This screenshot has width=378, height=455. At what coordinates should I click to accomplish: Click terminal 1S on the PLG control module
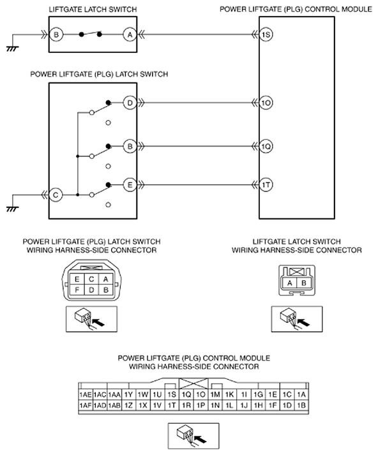(x=266, y=34)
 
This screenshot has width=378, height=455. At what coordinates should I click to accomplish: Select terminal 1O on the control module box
(x=266, y=103)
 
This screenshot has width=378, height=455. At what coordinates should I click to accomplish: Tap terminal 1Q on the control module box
(x=266, y=147)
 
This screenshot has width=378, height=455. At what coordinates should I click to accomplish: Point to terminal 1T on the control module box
(x=266, y=185)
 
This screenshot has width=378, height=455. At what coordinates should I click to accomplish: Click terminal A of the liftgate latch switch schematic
(x=130, y=34)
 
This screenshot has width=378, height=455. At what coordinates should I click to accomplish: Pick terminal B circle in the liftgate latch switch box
(x=56, y=34)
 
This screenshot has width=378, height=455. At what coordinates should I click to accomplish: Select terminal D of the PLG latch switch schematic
(x=130, y=103)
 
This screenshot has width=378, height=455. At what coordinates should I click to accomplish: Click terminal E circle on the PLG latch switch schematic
(x=130, y=185)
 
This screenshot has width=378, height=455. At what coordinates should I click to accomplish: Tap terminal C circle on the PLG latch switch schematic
(x=56, y=195)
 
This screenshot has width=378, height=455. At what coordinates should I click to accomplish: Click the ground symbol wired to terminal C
(x=12, y=209)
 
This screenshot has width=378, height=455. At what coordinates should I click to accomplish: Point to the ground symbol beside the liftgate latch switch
(x=12, y=48)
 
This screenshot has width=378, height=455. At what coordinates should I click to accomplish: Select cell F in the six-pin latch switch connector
(x=77, y=290)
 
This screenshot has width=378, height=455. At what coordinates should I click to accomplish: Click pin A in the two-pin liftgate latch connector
(x=289, y=283)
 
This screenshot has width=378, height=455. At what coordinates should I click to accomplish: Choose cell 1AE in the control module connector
(x=86, y=394)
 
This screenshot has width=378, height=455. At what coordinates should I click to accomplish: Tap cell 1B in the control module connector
(x=301, y=405)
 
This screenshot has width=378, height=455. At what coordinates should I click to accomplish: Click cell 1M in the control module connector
(x=215, y=394)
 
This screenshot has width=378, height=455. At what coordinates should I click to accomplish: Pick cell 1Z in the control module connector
(x=128, y=405)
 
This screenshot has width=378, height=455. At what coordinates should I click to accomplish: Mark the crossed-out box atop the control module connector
(x=193, y=384)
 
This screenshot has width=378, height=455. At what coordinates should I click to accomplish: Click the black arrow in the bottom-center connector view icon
(x=200, y=438)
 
